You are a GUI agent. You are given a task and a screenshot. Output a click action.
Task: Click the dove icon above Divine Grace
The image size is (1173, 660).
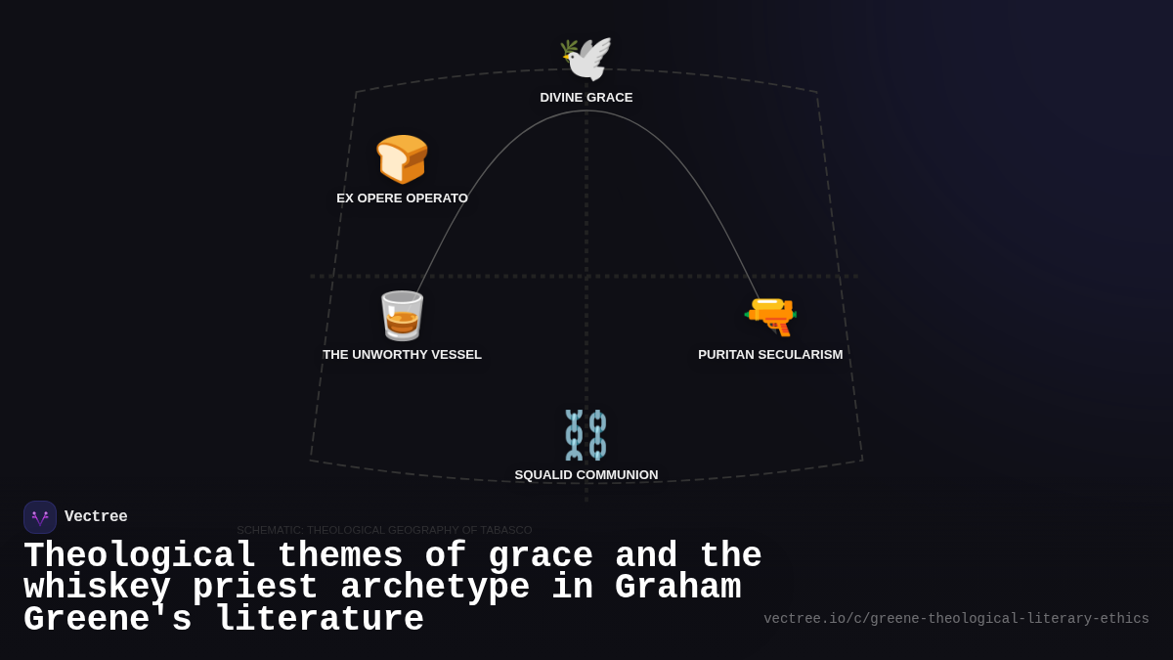point(586,58)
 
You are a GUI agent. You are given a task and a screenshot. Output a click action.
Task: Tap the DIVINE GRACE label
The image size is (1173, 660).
point(586,98)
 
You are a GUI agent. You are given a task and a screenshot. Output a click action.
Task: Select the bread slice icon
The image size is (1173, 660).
point(402,158)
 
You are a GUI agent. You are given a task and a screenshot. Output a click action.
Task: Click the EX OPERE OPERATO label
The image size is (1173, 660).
point(402,198)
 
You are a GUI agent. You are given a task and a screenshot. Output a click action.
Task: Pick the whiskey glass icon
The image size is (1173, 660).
point(402,315)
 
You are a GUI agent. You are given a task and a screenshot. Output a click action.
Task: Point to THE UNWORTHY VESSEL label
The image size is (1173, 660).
point(402,355)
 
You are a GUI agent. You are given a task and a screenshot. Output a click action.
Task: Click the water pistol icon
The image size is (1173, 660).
point(770,316)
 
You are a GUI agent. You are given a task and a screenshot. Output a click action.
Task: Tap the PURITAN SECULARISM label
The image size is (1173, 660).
point(770,355)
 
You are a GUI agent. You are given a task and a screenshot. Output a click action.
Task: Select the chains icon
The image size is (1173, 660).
point(586,434)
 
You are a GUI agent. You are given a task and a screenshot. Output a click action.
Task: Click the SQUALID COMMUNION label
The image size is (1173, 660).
point(586,475)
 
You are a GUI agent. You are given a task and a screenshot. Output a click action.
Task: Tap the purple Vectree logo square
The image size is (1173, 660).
point(40,517)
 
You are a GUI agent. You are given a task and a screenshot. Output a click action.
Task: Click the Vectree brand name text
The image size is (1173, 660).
point(96,517)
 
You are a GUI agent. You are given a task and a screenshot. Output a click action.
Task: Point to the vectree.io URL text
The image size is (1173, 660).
point(956,619)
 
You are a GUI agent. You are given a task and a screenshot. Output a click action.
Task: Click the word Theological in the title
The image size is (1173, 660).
point(140,556)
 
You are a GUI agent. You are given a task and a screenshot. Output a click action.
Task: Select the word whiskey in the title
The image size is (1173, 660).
point(97,588)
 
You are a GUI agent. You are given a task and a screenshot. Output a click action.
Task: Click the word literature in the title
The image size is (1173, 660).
point(320,620)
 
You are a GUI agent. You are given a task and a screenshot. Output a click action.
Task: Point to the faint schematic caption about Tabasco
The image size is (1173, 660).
point(384,530)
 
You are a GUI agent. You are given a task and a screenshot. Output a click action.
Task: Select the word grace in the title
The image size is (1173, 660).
point(540,556)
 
